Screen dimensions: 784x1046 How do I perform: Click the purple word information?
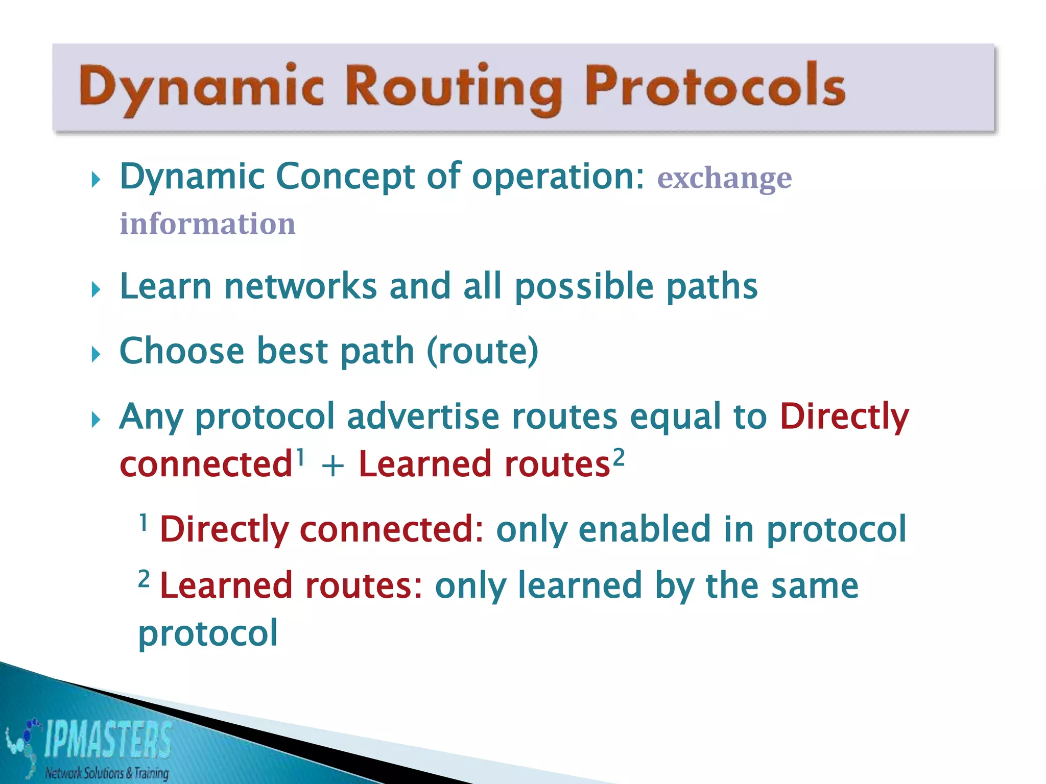tap(207, 224)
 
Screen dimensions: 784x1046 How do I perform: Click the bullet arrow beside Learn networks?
tap(96, 290)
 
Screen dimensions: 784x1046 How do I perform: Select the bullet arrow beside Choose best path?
tap(96, 354)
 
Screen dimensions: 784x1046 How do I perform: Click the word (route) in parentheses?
tap(482, 351)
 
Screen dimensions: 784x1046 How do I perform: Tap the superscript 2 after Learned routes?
tap(619, 456)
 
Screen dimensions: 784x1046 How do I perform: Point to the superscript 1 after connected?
tap(300, 456)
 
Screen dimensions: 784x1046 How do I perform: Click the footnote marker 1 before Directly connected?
tap(144, 522)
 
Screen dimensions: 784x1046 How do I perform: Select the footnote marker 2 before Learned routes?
tap(144, 579)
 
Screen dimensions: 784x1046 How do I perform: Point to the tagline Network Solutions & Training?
tap(107, 773)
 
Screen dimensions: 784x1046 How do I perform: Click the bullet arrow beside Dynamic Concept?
tap(96, 180)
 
